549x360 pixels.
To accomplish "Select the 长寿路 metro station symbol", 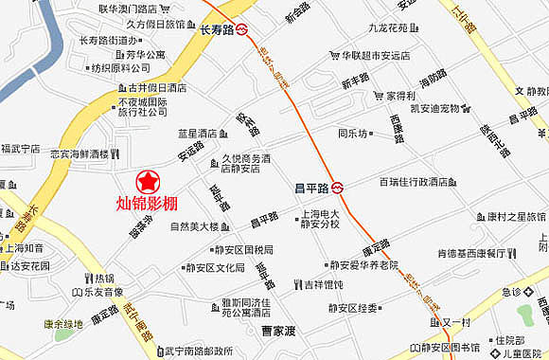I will [x=243, y=28].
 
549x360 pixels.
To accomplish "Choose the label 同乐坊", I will [x=353, y=134].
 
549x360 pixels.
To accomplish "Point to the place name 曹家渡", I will [x=280, y=332].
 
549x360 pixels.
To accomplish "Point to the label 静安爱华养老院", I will [x=364, y=265].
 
